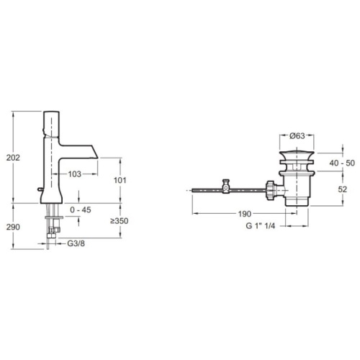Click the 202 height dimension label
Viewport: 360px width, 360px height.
pyautogui.click(x=13, y=158)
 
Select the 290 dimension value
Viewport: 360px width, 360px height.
pyautogui.click(x=13, y=227)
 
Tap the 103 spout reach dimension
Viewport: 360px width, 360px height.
pyautogui.click(x=75, y=174)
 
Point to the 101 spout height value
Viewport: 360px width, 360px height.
pyautogui.click(x=120, y=180)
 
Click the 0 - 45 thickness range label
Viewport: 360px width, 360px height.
pyautogui.click(x=81, y=210)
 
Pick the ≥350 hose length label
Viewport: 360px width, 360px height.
pyautogui.click(x=120, y=221)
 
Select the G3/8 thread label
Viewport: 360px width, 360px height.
pyautogui.click(x=76, y=243)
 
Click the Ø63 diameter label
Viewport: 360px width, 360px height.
pyautogui.click(x=297, y=136)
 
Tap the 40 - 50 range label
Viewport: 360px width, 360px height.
pyautogui.click(x=342, y=163)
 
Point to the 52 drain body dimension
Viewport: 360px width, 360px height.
pyautogui.click(x=343, y=189)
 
